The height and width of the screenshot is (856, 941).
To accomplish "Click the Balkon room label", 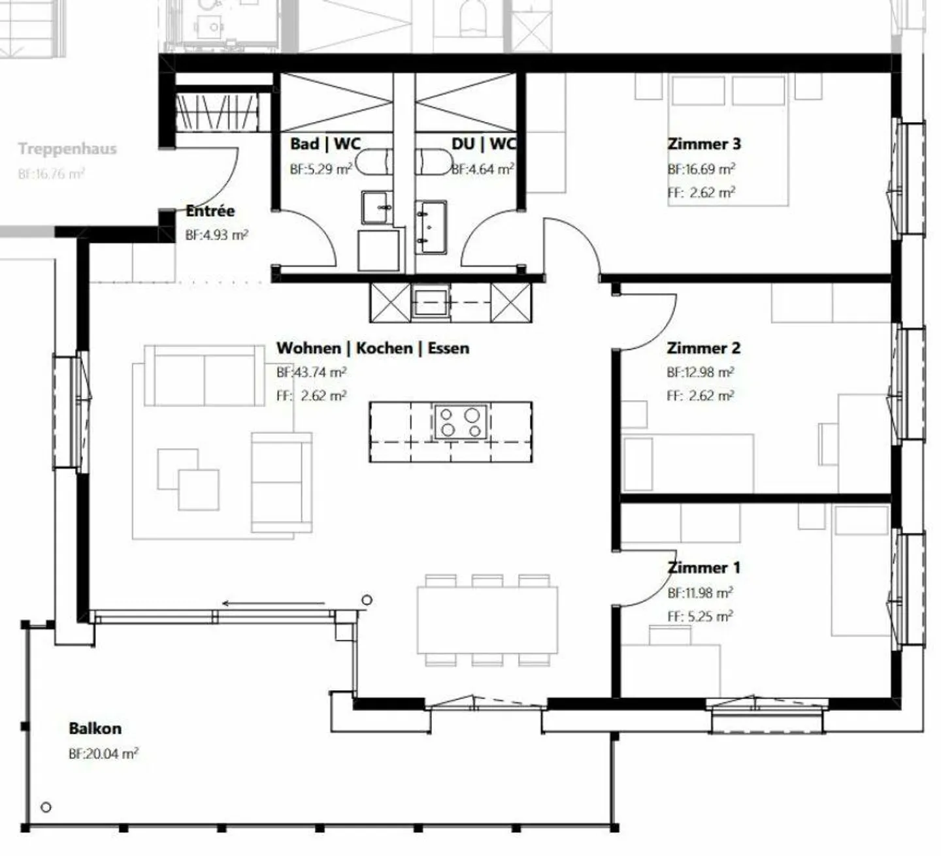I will pos(95,728).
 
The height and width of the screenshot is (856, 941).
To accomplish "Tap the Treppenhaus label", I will pos(67,148).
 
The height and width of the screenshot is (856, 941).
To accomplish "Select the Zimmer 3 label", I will pos(704,144).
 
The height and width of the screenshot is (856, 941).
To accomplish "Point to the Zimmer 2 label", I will pos(703,348).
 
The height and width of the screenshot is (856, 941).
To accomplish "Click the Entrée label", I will pos(210,211).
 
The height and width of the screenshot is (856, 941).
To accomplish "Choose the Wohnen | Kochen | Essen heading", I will pos(372,348).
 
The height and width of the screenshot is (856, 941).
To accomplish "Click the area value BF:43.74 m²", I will pos(311,372).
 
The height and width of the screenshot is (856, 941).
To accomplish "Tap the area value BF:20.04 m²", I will pos(103,753).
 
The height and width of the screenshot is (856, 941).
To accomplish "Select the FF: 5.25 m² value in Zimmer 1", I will pos(700,616).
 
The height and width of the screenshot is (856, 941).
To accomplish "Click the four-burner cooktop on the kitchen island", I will pos(460,422).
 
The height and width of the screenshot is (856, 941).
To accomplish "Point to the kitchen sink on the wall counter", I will pos(431,302).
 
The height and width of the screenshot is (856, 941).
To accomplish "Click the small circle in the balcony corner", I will pos(46,807).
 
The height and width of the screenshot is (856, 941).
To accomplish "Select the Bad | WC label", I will pos(325,144).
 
